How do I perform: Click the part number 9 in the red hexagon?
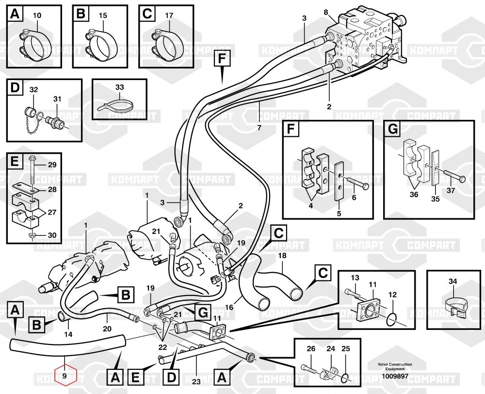[x=65, y=376]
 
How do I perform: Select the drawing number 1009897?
[x=395, y=376]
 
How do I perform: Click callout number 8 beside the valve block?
[x=326, y=12]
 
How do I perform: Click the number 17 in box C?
[x=169, y=16]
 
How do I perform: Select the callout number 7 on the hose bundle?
[x=259, y=128]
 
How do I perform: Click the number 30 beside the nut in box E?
[x=52, y=236]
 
